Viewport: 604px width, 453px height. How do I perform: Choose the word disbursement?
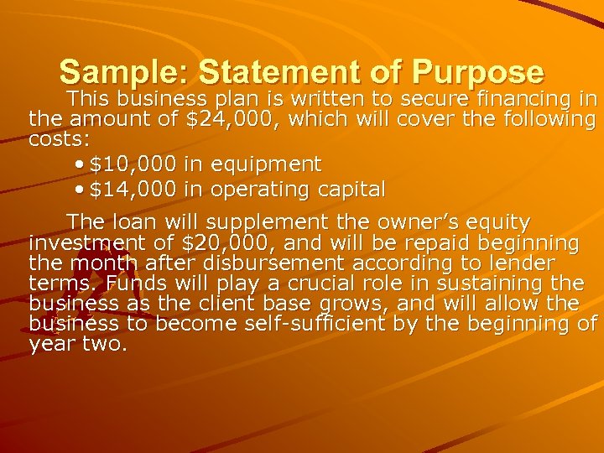point(268,263)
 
